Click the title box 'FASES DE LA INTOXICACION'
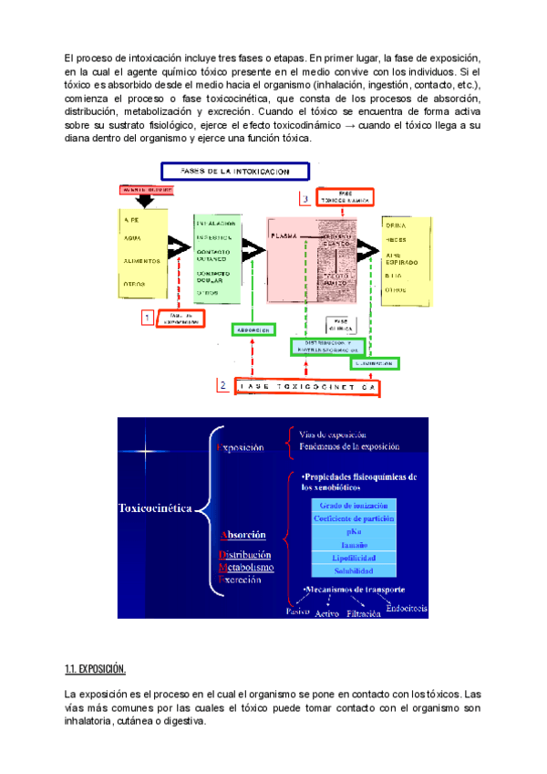pos(235,171)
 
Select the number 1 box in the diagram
pos(147,318)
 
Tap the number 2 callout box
pos(223,385)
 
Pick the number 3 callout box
pos(306,198)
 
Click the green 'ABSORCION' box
pos(255,329)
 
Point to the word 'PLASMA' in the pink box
pos(284,235)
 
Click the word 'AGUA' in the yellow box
pos(133,238)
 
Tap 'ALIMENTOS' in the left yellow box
pos(142,260)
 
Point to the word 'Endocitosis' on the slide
pos(407,610)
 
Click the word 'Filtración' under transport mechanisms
pos(363,614)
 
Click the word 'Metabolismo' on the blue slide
pos(245,567)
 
